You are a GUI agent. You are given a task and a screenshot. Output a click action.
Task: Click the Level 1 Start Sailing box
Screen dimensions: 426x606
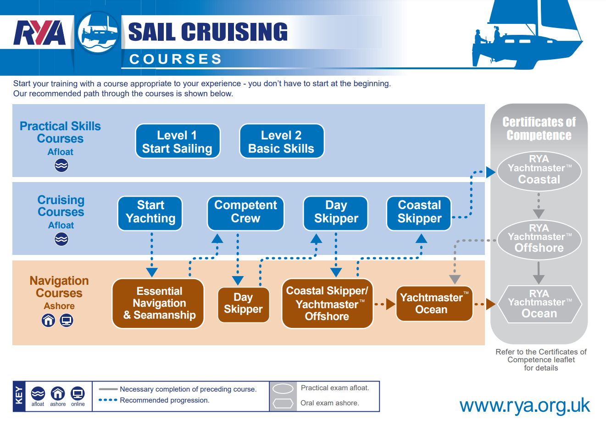(178, 142)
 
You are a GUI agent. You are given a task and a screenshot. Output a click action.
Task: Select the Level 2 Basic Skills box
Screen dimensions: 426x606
(281, 142)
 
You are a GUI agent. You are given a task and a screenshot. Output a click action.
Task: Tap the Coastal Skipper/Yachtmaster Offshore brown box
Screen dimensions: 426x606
(327, 304)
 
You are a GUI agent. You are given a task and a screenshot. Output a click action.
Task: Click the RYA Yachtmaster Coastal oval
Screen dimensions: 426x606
(539, 171)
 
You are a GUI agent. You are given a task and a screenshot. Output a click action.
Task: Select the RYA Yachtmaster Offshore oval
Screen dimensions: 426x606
(539, 239)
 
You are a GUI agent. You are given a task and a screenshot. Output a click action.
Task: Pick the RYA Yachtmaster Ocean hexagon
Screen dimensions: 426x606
(539, 304)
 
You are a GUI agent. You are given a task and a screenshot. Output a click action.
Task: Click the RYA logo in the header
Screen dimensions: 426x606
(39, 33)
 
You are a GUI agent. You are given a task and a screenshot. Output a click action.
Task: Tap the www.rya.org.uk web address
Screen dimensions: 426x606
(524, 405)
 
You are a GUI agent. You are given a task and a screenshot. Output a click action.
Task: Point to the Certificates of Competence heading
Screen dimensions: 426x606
(539, 128)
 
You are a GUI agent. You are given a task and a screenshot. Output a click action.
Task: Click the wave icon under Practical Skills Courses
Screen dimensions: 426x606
(61, 166)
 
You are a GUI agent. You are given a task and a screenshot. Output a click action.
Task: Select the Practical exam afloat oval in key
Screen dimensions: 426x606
(283, 389)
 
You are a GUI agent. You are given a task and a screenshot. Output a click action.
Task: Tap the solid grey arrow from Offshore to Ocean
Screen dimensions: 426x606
(539, 273)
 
